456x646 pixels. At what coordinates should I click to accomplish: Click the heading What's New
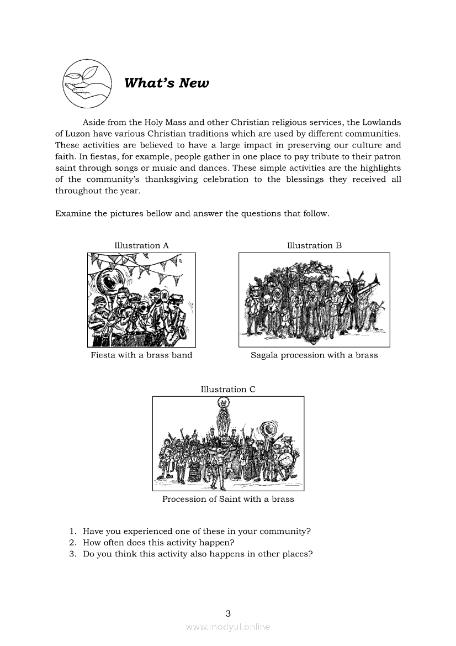tap(166, 83)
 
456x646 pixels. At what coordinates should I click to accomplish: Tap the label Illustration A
tap(141, 245)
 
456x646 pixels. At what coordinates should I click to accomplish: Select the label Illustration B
tap(314, 245)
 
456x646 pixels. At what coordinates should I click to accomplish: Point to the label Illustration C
tap(228, 389)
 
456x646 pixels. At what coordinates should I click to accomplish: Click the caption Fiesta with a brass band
tap(141, 355)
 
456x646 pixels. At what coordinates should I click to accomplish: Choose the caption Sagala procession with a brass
tap(314, 355)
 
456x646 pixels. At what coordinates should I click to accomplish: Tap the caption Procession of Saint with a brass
tap(228, 499)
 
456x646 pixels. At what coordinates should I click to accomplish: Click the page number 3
tap(228, 613)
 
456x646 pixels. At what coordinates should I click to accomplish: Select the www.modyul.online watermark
tap(228, 627)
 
